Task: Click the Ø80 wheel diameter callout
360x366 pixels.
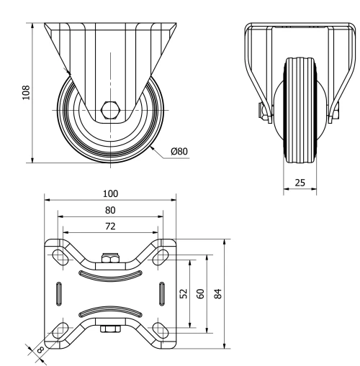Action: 180,152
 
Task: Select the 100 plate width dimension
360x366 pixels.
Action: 110,193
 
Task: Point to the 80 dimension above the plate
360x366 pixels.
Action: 110,210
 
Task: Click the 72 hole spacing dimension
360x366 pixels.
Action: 110,226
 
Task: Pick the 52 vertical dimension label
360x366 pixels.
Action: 183,293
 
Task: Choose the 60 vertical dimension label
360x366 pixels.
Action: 201,293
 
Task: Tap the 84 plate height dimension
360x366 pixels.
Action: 219,293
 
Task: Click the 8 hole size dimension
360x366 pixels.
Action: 39,352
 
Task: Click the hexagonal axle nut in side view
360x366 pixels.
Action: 110,110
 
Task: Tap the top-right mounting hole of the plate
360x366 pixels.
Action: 162,255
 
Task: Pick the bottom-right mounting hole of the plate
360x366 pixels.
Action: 162,331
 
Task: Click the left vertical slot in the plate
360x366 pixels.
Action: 58,293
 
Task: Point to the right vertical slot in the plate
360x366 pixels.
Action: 160,293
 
